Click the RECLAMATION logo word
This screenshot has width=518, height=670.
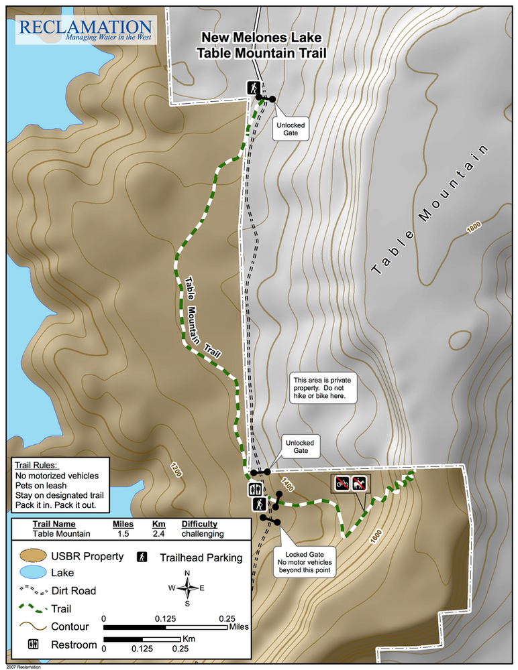85,27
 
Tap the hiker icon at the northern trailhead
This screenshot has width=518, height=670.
254,88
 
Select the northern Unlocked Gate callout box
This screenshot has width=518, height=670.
291,128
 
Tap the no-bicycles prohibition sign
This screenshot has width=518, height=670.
342,483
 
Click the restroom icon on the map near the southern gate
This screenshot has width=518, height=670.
255,489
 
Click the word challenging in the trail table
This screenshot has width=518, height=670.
202,534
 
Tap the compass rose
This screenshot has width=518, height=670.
187,588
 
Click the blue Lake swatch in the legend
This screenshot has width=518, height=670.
29,573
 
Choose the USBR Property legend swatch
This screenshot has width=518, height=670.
29,556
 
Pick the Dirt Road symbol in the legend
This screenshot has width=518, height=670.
29,591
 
